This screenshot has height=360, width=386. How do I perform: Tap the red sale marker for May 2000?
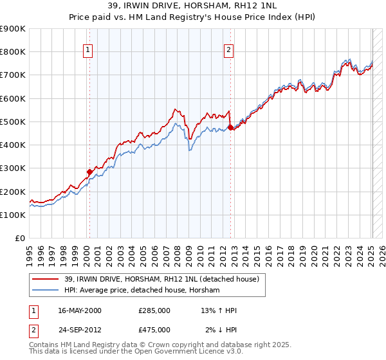click(x=90, y=172)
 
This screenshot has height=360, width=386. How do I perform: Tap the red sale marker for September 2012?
click(x=230, y=127)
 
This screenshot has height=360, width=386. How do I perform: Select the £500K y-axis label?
click(x=13, y=122)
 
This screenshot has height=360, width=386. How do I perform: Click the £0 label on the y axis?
click(x=19, y=238)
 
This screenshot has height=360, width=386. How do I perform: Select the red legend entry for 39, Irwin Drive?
click(x=161, y=279)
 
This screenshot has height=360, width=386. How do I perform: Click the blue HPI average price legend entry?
click(x=142, y=290)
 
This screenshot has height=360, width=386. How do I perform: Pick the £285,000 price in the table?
click(x=154, y=310)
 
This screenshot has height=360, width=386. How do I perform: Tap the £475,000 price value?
click(x=154, y=329)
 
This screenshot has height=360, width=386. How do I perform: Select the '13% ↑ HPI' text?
click(x=219, y=310)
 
